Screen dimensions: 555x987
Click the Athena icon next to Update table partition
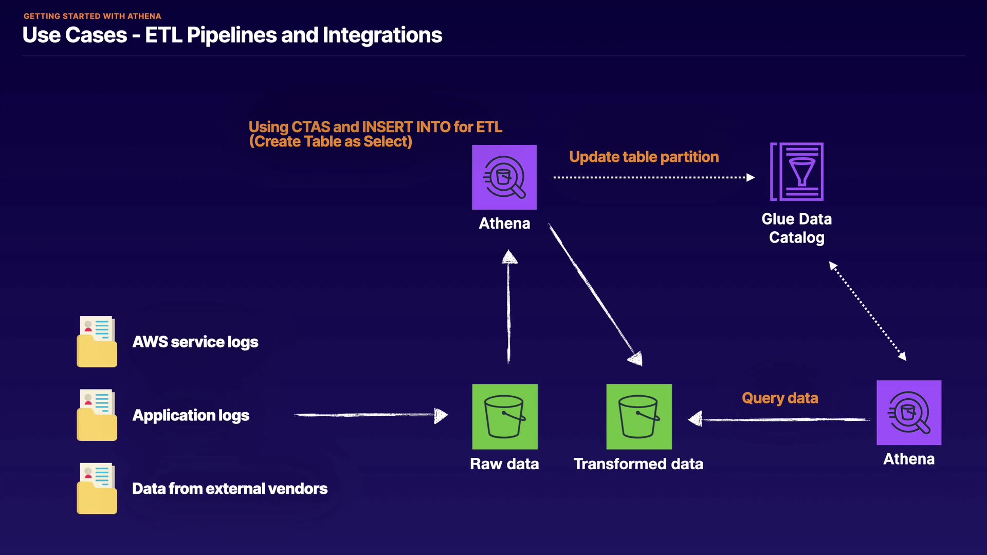click(504, 177)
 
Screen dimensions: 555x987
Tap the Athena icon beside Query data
click(909, 413)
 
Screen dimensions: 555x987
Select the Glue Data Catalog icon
click(797, 172)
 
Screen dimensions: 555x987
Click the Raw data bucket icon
click(505, 417)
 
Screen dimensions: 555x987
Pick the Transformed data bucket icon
click(639, 417)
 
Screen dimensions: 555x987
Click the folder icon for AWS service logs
click(97, 342)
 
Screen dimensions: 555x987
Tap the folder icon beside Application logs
click(97, 415)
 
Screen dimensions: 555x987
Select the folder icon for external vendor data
click(97, 489)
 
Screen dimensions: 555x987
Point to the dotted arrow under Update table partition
click(653, 177)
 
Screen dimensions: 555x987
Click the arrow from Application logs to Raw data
click(370, 415)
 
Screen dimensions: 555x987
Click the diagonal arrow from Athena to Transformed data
click(594, 293)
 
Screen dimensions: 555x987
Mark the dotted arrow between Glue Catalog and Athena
click(868, 311)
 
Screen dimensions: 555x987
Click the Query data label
click(780, 398)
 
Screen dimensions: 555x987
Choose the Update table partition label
click(644, 157)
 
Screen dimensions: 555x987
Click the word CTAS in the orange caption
click(310, 127)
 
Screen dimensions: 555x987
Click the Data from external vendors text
click(230, 489)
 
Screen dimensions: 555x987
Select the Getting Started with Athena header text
click(93, 16)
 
